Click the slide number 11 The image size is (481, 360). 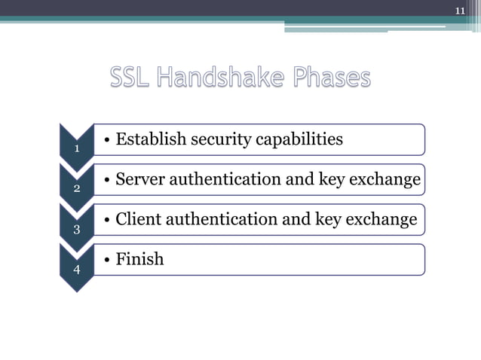click(460, 10)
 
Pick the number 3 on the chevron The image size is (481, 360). click(77, 229)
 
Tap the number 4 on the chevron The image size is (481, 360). click(77, 269)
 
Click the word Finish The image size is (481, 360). click(139, 259)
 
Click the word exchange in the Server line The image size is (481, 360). click(387, 180)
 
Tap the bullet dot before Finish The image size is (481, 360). click(109, 260)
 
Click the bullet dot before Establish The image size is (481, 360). click(109, 140)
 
